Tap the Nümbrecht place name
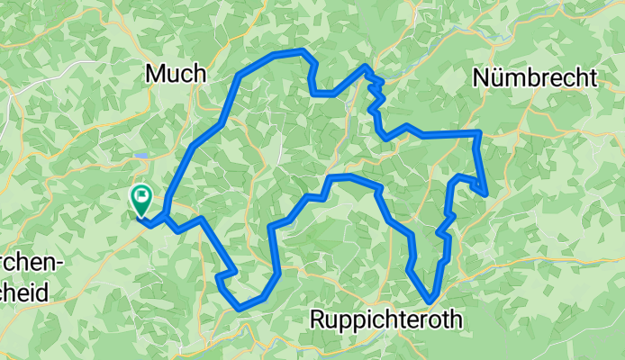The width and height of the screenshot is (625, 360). coord(534,78)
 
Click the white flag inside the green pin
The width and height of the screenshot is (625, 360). coord(142,193)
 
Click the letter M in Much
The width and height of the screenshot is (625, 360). coord(155,73)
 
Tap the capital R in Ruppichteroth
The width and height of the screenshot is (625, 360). coord(318,319)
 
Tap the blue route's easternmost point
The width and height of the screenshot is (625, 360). coord(486,193)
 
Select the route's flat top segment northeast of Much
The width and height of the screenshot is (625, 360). coord(288,53)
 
